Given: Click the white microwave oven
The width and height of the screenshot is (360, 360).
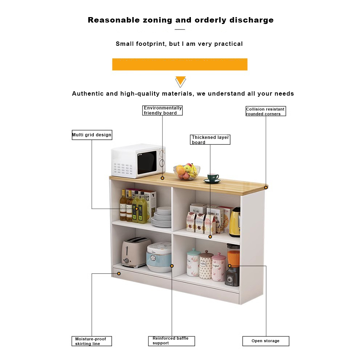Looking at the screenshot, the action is click(138, 161).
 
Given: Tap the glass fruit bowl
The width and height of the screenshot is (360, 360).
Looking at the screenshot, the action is click(187, 172).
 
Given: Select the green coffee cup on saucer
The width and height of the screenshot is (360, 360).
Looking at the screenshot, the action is click(213, 178).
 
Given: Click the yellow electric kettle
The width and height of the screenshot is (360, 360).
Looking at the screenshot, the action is click(235, 222).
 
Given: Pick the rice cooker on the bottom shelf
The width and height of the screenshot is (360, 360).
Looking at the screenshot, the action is click(159, 257).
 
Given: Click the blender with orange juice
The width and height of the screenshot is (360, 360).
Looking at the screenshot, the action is click(233, 264).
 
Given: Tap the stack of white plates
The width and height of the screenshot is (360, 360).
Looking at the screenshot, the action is click(161, 217).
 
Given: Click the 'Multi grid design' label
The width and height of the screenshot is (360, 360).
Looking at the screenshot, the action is click(92, 135).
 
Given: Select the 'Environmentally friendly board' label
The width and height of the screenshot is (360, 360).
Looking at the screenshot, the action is click(162, 111).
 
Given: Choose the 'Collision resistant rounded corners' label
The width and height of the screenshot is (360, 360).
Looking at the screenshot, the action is click(265, 111).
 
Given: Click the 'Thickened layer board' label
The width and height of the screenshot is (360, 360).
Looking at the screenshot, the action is click(210, 140).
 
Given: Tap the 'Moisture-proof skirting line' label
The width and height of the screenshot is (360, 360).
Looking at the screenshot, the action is click(92, 341).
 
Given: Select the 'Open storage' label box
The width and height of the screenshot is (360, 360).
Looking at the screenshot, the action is click(266, 341).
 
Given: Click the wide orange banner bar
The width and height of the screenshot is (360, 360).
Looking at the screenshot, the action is click(180, 64).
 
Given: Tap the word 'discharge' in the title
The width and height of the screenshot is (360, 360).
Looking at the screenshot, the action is click(251, 20).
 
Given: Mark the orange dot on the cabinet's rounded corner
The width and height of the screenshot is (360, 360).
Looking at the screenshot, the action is click(266, 188).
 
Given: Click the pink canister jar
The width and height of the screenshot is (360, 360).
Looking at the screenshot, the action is click(219, 267).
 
